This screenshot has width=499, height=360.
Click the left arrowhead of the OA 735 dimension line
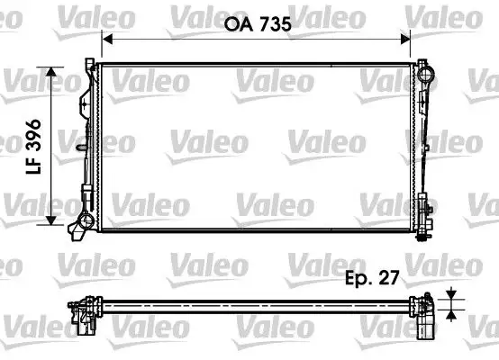point(104,38)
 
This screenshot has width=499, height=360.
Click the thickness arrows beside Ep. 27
point(449,305)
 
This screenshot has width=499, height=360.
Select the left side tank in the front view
point(87,144)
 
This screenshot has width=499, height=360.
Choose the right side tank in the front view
point(423,144)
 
